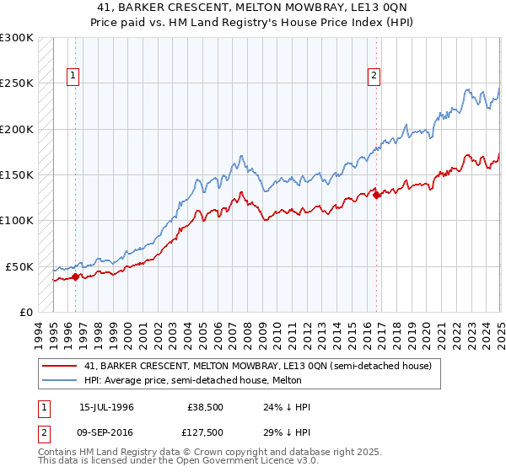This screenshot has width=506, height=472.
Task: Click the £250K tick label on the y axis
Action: pyautogui.click(x=17, y=83)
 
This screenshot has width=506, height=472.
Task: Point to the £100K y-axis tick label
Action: pyautogui.click(x=17, y=220)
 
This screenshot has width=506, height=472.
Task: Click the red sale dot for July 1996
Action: pyautogui.click(x=76, y=276)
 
